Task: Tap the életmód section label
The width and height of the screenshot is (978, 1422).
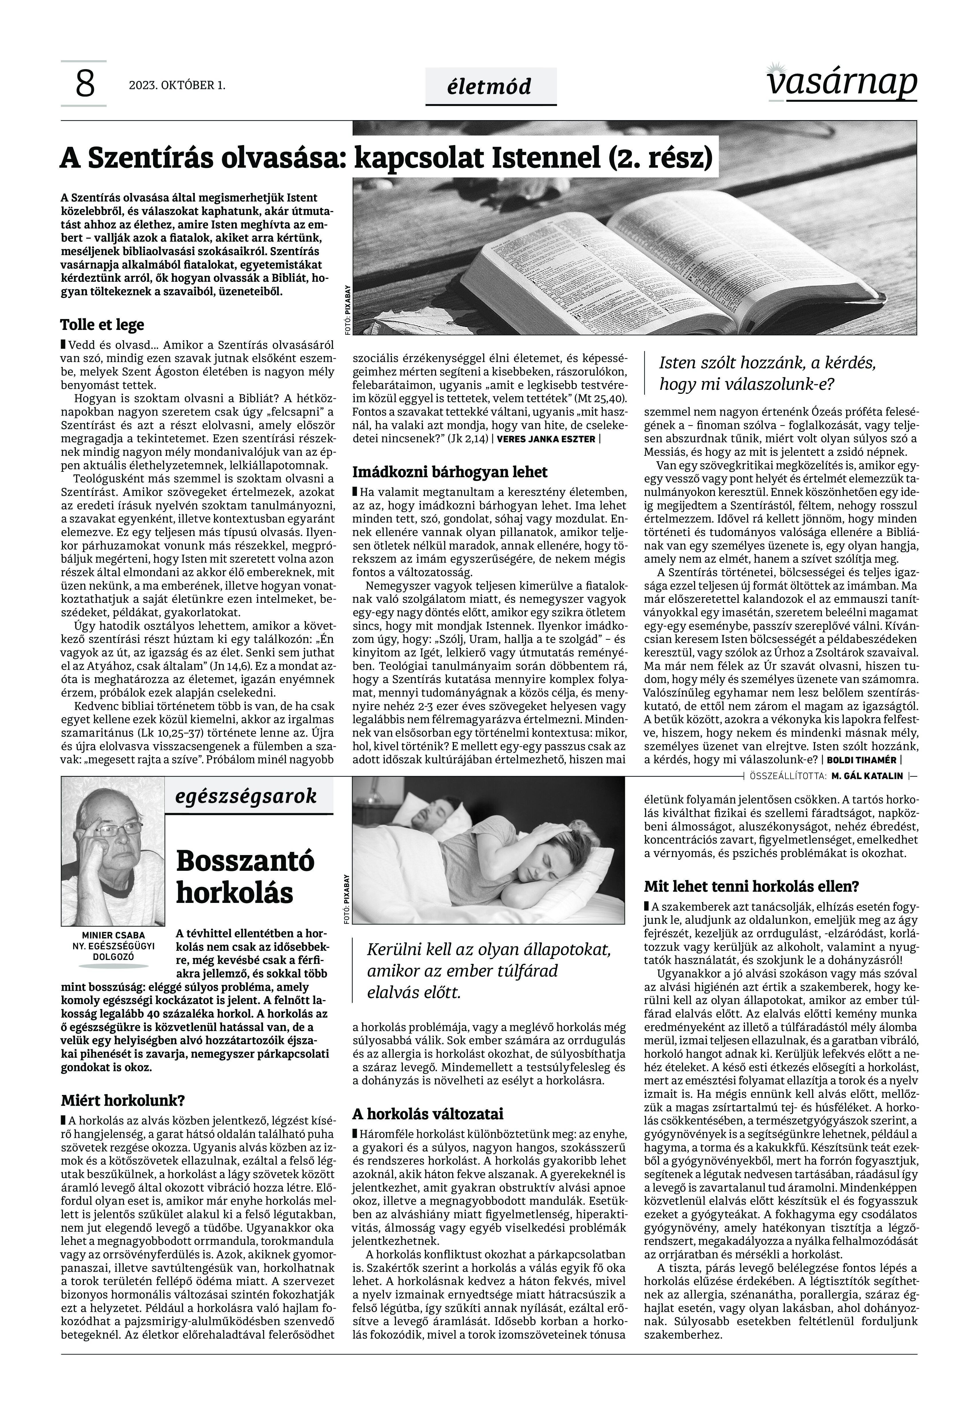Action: click(x=490, y=87)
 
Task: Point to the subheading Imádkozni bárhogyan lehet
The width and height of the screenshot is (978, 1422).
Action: click(x=450, y=472)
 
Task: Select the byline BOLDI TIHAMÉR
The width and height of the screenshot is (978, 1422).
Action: click(x=860, y=760)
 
